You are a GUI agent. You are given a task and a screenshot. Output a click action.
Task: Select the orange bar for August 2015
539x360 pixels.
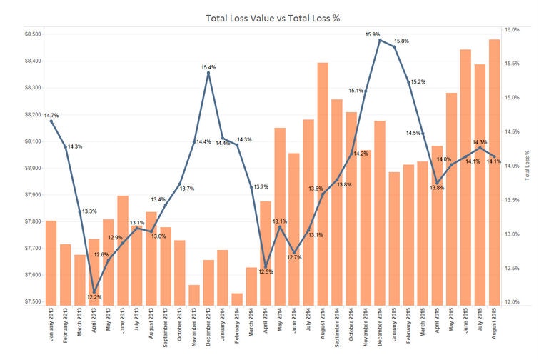point(494,171)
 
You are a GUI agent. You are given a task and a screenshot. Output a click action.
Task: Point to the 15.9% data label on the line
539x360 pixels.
point(373,34)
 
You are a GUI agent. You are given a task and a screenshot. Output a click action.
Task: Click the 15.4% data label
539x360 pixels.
point(208,67)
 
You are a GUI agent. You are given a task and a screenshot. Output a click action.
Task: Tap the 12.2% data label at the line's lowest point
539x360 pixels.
point(94,296)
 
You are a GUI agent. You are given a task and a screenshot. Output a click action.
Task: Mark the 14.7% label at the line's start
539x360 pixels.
point(51,115)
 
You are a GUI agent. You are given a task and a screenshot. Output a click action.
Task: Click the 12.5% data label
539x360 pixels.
point(266,272)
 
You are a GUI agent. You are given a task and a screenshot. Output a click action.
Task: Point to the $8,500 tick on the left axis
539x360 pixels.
point(32,34)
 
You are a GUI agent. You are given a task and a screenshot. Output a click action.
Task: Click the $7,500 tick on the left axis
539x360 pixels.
point(32,301)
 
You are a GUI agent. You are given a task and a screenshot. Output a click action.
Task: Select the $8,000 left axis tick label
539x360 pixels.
point(32,168)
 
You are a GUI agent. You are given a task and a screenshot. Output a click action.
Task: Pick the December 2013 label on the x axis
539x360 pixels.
point(208,329)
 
